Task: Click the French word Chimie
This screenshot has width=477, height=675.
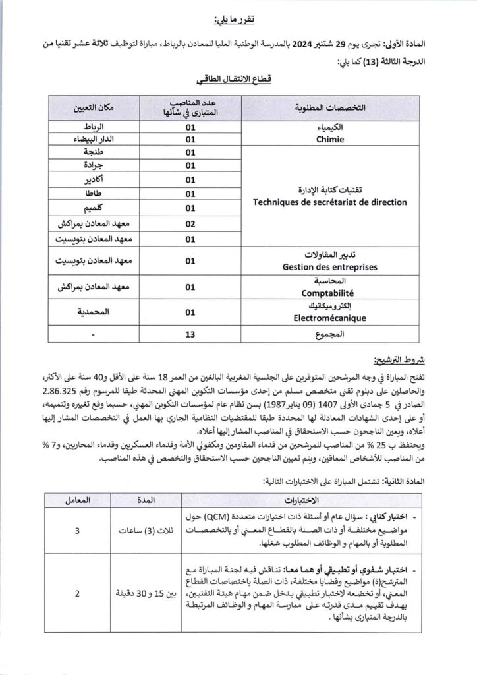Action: [x=330, y=140]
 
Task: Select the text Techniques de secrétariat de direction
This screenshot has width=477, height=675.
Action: [x=330, y=202]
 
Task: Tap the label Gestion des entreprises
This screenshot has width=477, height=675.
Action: [x=330, y=267]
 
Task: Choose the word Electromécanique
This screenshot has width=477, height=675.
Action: [x=330, y=318]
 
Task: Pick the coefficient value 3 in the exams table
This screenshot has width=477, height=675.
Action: [x=78, y=530]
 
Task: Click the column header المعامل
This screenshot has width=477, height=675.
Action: [x=78, y=500]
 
